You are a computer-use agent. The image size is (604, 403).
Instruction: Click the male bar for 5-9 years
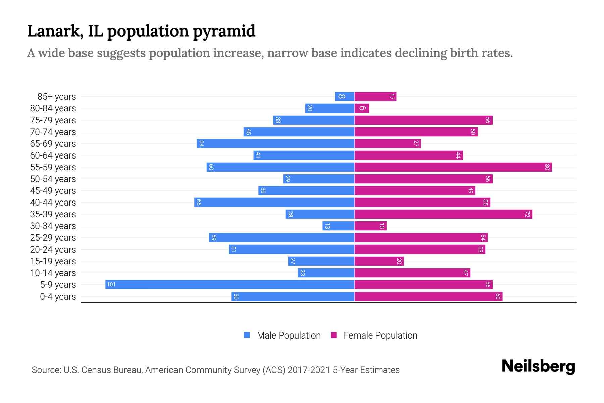230,284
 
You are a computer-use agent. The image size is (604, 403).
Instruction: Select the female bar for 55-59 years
453,167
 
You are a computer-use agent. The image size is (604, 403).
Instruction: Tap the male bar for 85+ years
345,96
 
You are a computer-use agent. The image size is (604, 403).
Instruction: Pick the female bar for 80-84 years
362,108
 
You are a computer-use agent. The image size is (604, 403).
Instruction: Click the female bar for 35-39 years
443,214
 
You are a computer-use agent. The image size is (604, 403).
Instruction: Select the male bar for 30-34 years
338,226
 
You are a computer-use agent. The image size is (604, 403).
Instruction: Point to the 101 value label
111,285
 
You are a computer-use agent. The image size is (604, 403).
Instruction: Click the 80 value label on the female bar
547,167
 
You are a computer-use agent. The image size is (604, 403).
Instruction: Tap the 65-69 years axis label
53,144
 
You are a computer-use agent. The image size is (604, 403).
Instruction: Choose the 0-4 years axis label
58,297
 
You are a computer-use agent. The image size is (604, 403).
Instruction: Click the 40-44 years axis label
53,203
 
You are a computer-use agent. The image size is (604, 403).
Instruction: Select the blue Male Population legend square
247,335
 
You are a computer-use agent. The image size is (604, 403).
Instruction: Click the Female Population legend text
380,335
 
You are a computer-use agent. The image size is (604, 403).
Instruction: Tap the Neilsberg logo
538,366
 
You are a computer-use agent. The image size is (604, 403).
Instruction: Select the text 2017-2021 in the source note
308,370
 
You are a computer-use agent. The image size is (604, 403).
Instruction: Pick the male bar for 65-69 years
275,143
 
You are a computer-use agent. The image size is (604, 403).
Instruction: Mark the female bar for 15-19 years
379,261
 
